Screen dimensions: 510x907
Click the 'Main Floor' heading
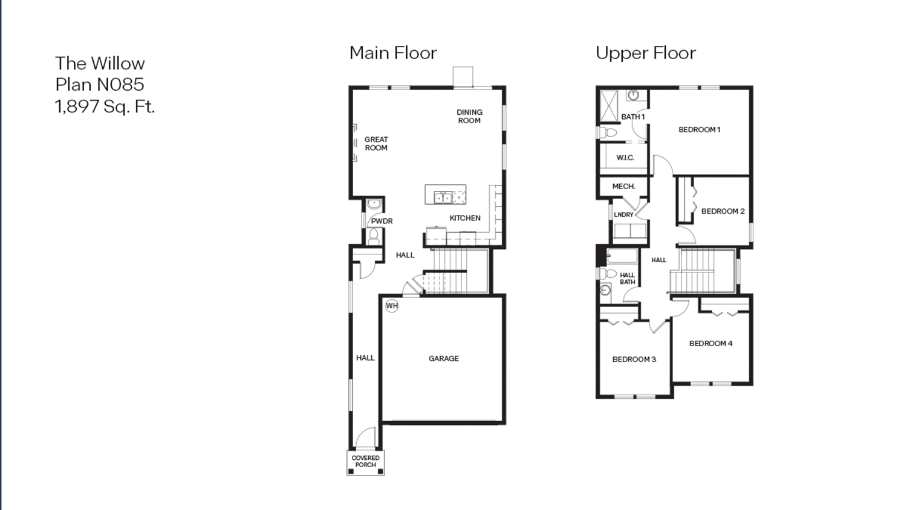(x=393, y=53)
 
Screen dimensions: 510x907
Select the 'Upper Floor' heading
(x=645, y=53)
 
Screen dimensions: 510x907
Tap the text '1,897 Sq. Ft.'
(x=105, y=106)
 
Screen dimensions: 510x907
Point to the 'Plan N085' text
(x=99, y=85)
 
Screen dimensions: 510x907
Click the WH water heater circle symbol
(x=392, y=306)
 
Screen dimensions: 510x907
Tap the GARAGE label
(x=443, y=358)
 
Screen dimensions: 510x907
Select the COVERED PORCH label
(x=365, y=462)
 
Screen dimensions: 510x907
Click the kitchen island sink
(x=443, y=197)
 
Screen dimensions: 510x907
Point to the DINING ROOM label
(x=469, y=116)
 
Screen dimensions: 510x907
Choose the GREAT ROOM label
(x=376, y=143)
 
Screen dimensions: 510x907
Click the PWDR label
(x=382, y=221)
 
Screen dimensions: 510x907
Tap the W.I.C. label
(x=625, y=158)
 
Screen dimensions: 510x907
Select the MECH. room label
(x=623, y=186)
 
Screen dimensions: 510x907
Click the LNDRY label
(x=623, y=215)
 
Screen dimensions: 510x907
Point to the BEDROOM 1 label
(x=699, y=129)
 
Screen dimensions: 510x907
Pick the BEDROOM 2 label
(x=723, y=211)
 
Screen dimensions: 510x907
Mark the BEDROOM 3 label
(x=634, y=359)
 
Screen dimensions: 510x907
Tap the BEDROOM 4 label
(x=710, y=343)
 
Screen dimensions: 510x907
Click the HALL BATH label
(x=627, y=279)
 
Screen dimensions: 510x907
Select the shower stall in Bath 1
(x=608, y=105)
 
